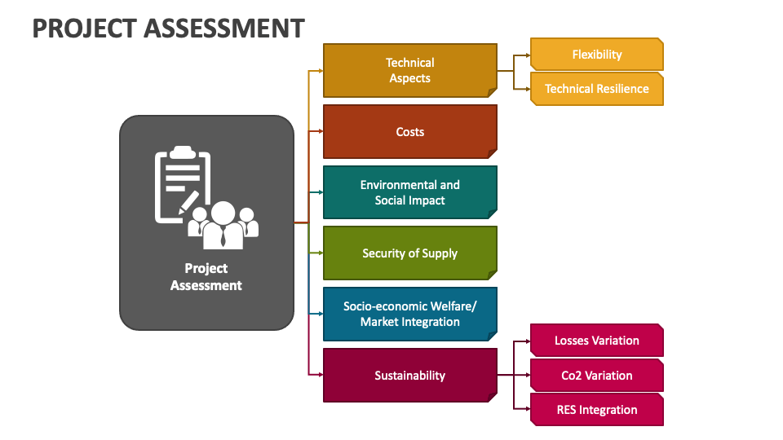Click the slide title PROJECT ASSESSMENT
168,28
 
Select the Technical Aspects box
409,70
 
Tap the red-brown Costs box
409,131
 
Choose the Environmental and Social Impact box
409,192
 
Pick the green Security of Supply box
409,253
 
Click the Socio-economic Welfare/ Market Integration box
409,314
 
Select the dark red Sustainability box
409,376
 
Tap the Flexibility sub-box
596,55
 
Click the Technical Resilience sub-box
596,89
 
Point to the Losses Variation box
596,341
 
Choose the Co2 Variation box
596,376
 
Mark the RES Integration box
596,410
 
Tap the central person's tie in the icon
222,235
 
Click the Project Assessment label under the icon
206,277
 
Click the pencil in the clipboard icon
188,201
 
